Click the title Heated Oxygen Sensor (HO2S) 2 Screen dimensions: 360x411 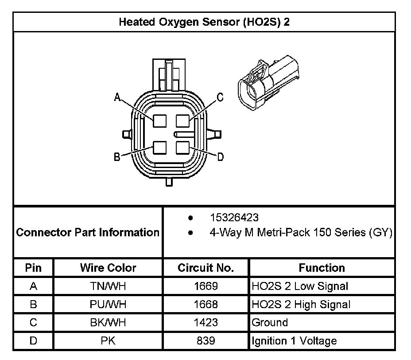pyautogui.click(x=204, y=22)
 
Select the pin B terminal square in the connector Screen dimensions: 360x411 pyautogui.click(x=159, y=147)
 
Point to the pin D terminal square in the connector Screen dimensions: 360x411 pyautogui.click(x=182, y=147)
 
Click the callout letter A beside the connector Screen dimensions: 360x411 pyautogui.click(x=117, y=98)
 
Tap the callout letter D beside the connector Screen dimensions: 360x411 pyautogui.click(x=220, y=157)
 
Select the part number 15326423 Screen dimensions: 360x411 pyautogui.click(x=234, y=218)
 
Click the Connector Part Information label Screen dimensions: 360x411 pyautogui.click(x=88, y=232)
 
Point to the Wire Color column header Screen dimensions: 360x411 pyautogui.click(x=108, y=268)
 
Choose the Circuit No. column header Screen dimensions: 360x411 pyautogui.click(x=206, y=268)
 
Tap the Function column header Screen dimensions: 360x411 pyautogui.click(x=322, y=268)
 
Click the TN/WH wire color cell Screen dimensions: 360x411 pyautogui.click(x=108, y=286)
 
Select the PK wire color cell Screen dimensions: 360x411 pyautogui.click(x=108, y=340)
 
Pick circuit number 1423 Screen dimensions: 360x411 pyautogui.click(x=206, y=322)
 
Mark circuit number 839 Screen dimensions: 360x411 pyautogui.click(x=206, y=340)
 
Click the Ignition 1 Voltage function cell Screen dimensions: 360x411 pyautogui.click(x=294, y=341)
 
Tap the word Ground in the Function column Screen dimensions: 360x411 pyautogui.click(x=270, y=322)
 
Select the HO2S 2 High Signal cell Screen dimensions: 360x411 pyautogui.click(x=301, y=305)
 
